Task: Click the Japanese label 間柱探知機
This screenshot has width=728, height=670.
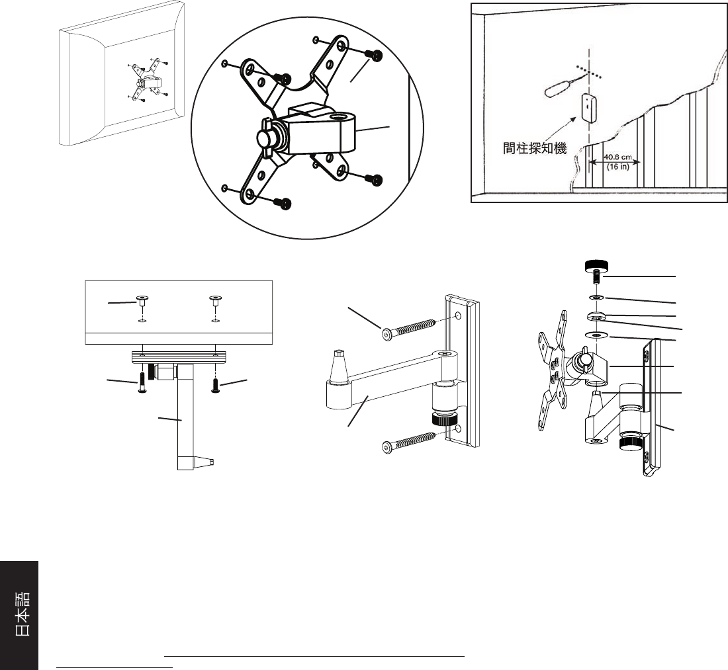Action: pos(535,148)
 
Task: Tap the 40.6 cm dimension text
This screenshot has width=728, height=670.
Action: pos(618,157)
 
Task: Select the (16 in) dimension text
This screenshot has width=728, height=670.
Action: pos(618,167)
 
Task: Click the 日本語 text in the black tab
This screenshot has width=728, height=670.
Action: pos(23,613)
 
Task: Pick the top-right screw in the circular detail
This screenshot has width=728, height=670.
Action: pos(374,56)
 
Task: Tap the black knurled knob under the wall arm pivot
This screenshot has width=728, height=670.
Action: pos(443,420)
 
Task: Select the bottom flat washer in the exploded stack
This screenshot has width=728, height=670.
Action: pos(596,334)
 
